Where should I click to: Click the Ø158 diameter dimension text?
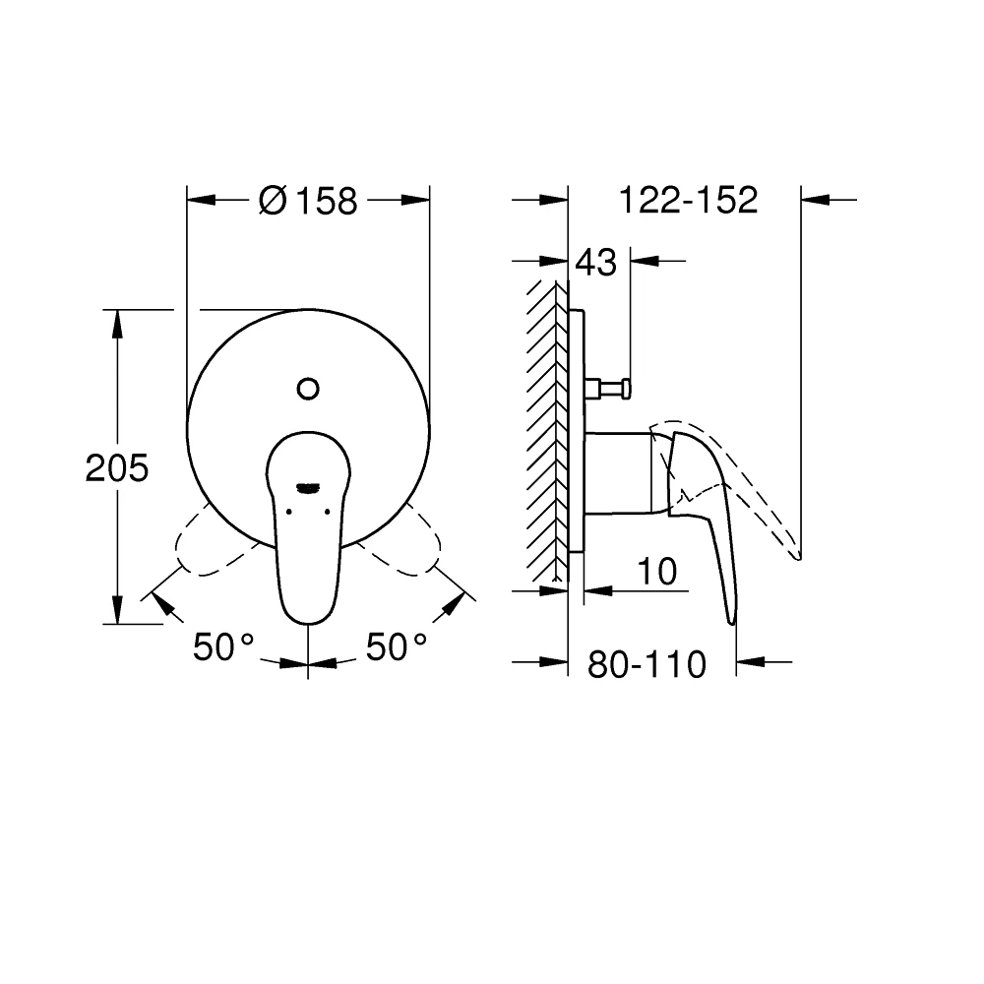tap(307, 201)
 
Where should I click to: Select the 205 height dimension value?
tap(117, 468)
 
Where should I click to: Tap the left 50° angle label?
tap(223, 647)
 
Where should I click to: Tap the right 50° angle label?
tap(397, 647)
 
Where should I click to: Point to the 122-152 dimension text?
tap(688, 201)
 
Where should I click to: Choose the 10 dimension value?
tap(657, 572)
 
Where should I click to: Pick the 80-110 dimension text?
tap(646, 666)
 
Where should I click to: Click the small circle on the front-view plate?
tap(308, 389)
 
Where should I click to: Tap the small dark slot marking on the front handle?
tap(308, 486)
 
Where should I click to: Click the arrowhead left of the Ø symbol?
tap(200, 201)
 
